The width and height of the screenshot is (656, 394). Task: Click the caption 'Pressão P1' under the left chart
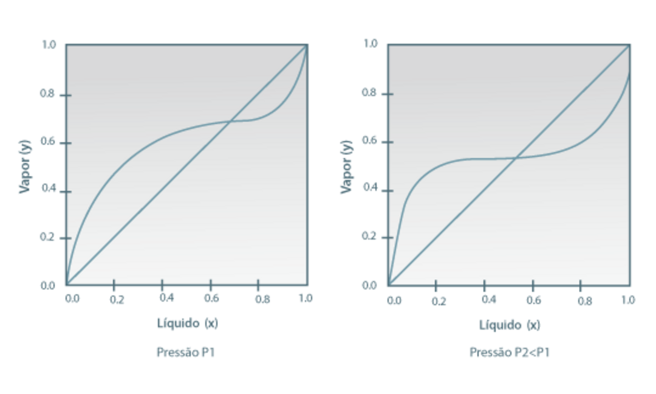[186, 352]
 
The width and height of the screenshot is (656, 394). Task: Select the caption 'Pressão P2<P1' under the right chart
[510, 352]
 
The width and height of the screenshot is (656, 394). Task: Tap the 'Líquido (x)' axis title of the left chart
[186, 323]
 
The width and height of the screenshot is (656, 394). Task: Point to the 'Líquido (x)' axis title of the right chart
[510, 325]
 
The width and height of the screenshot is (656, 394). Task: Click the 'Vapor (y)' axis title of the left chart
[25, 165]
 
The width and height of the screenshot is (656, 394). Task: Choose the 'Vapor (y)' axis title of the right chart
[346, 166]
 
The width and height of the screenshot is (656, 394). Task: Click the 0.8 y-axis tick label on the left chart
[48, 94]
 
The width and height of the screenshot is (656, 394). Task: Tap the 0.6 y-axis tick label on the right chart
[370, 140]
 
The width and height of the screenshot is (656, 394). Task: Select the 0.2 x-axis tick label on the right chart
[439, 300]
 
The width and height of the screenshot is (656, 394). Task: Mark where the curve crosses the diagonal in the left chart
[230, 122]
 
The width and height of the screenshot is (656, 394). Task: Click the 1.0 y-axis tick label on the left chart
[48, 44]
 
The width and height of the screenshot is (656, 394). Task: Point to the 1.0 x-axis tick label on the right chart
[628, 300]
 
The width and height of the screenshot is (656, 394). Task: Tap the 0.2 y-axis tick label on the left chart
[48, 237]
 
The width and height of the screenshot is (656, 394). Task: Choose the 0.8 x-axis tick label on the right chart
[584, 300]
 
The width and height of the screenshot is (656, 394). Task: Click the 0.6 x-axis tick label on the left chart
[211, 299]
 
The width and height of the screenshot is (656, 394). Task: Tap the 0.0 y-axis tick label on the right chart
[370, 285]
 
